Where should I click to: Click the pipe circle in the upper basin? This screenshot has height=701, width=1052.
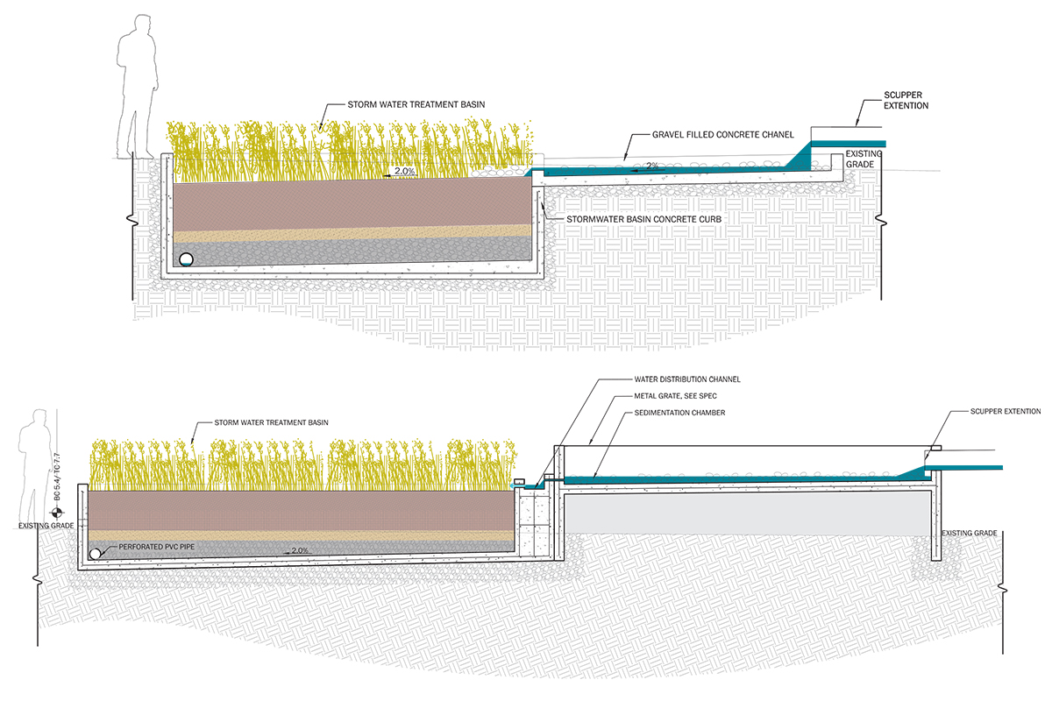point(186,259)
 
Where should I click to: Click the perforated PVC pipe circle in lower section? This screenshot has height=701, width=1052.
point(94,554)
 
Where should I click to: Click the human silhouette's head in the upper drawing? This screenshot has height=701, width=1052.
point(139,25)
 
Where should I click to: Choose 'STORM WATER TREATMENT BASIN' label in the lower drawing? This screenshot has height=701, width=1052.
point(271,423)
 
